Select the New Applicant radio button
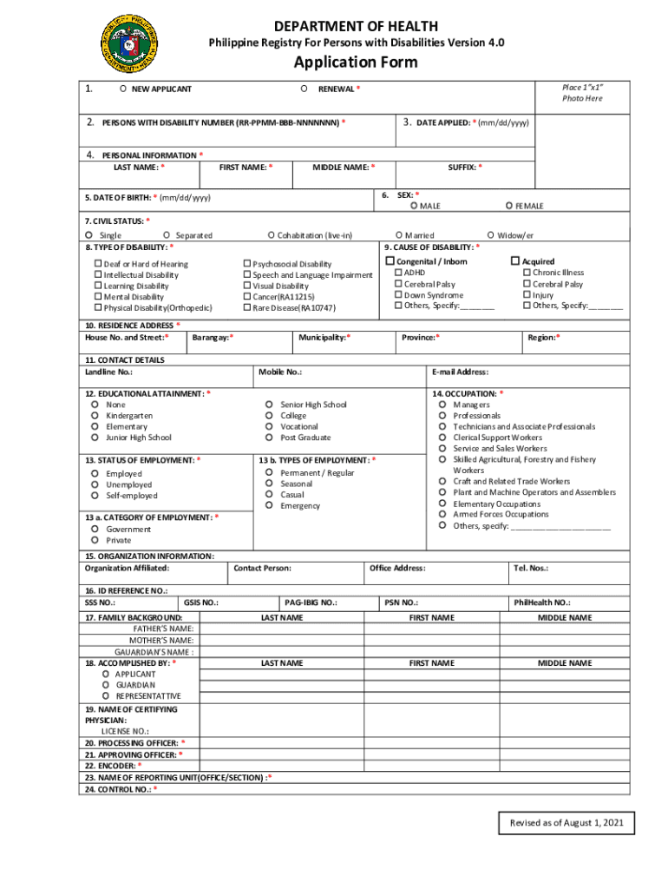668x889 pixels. (124, 89)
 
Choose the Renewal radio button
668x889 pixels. (304, 89)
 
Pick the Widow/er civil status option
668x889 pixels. (490, 235)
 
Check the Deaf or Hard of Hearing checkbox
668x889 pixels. (97, 264)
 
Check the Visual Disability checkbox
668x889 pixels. (246, 286)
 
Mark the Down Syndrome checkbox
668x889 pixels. (398, 295)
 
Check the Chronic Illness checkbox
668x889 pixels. (526, 273)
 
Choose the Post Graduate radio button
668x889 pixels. (270, 438)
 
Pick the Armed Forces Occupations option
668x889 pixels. (443, 514)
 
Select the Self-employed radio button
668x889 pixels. (93, 496)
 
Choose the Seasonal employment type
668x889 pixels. (270, 484)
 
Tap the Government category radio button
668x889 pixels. (93, 529)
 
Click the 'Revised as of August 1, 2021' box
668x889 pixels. (566, 822)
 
